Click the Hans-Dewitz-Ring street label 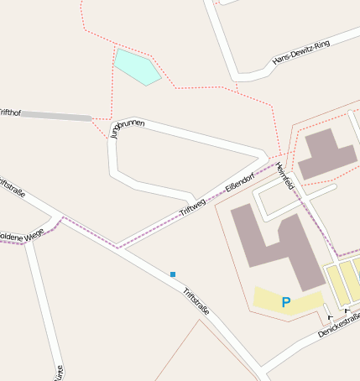301,51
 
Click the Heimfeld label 284,175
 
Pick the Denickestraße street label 339,324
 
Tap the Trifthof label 9,112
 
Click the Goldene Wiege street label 20,237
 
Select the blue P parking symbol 286,302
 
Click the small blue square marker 173,274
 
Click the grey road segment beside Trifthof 55,116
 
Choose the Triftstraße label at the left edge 12,188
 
